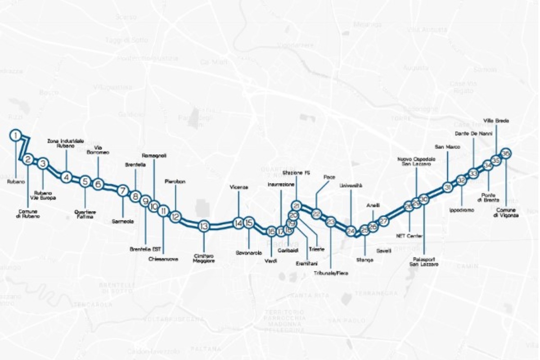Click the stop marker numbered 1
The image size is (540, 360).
coord(15,135)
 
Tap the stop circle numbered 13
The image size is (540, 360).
coord(204,226)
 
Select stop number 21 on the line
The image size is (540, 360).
coord(296,206)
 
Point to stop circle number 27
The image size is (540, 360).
coord(383,221)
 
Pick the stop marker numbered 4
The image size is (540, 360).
coord(67,177)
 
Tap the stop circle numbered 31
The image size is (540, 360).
coord(447,188)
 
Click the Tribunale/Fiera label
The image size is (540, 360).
coord(331,273)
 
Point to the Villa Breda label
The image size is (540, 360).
coord(495,121)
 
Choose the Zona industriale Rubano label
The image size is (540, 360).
coord(66,144)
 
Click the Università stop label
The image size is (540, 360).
coord(351,185)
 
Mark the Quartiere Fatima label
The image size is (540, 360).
coord(85,214)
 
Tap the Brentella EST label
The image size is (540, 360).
coord(146,249)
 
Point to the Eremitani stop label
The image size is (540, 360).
coord(305,263)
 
